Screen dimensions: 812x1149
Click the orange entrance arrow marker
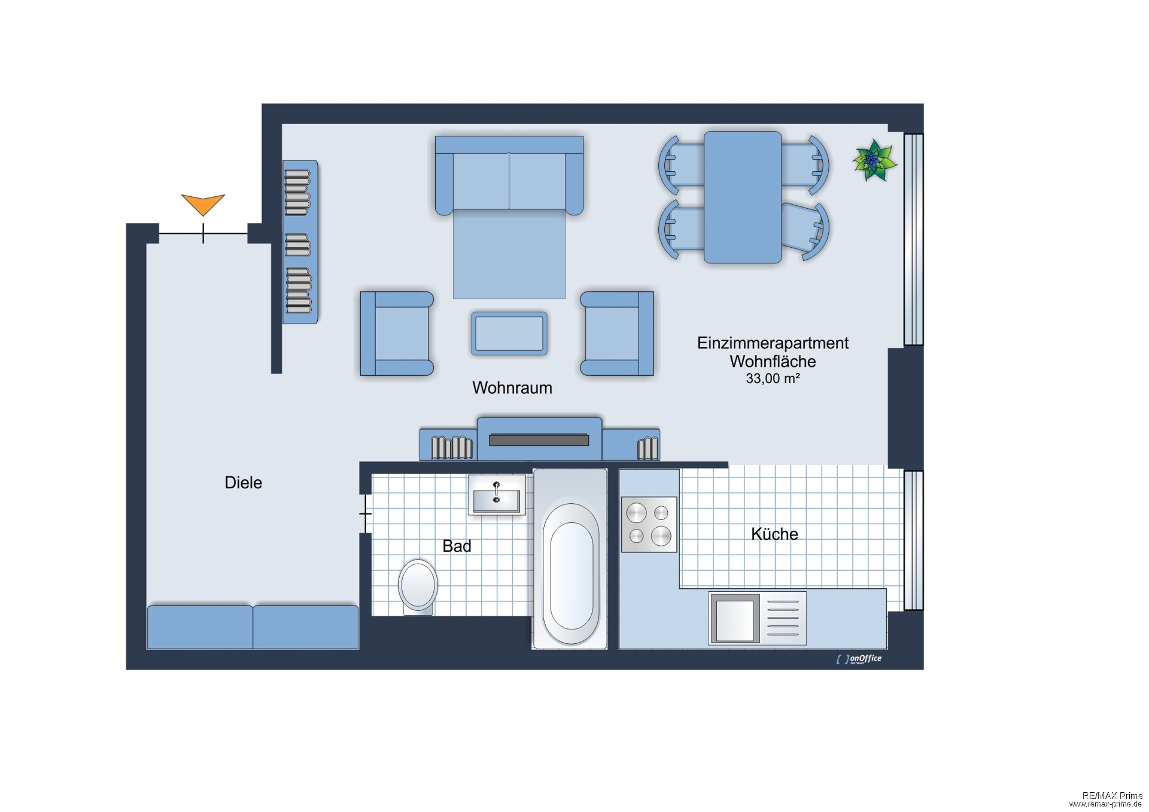click(203, 203)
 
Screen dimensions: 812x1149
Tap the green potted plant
click(874, 160)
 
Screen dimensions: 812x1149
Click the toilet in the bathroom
click(418, 585)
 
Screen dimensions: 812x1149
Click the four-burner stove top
click(649, 524)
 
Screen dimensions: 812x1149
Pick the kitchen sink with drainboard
click(757, 618)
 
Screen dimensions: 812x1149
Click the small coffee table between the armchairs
click(509, 333)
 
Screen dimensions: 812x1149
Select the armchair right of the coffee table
click(617, 333)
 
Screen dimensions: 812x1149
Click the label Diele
click(243, 482)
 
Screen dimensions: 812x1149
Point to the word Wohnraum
click(512, 388)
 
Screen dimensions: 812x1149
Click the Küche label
click(774, 534)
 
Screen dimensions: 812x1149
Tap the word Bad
click(457, 546)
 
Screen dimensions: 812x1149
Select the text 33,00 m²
click(772, 378)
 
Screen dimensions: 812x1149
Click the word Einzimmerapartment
click(772, 343)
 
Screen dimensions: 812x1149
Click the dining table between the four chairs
click(742, 197)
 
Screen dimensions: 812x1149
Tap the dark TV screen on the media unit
click(539, 440)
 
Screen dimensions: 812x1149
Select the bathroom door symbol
click(365, 513)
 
